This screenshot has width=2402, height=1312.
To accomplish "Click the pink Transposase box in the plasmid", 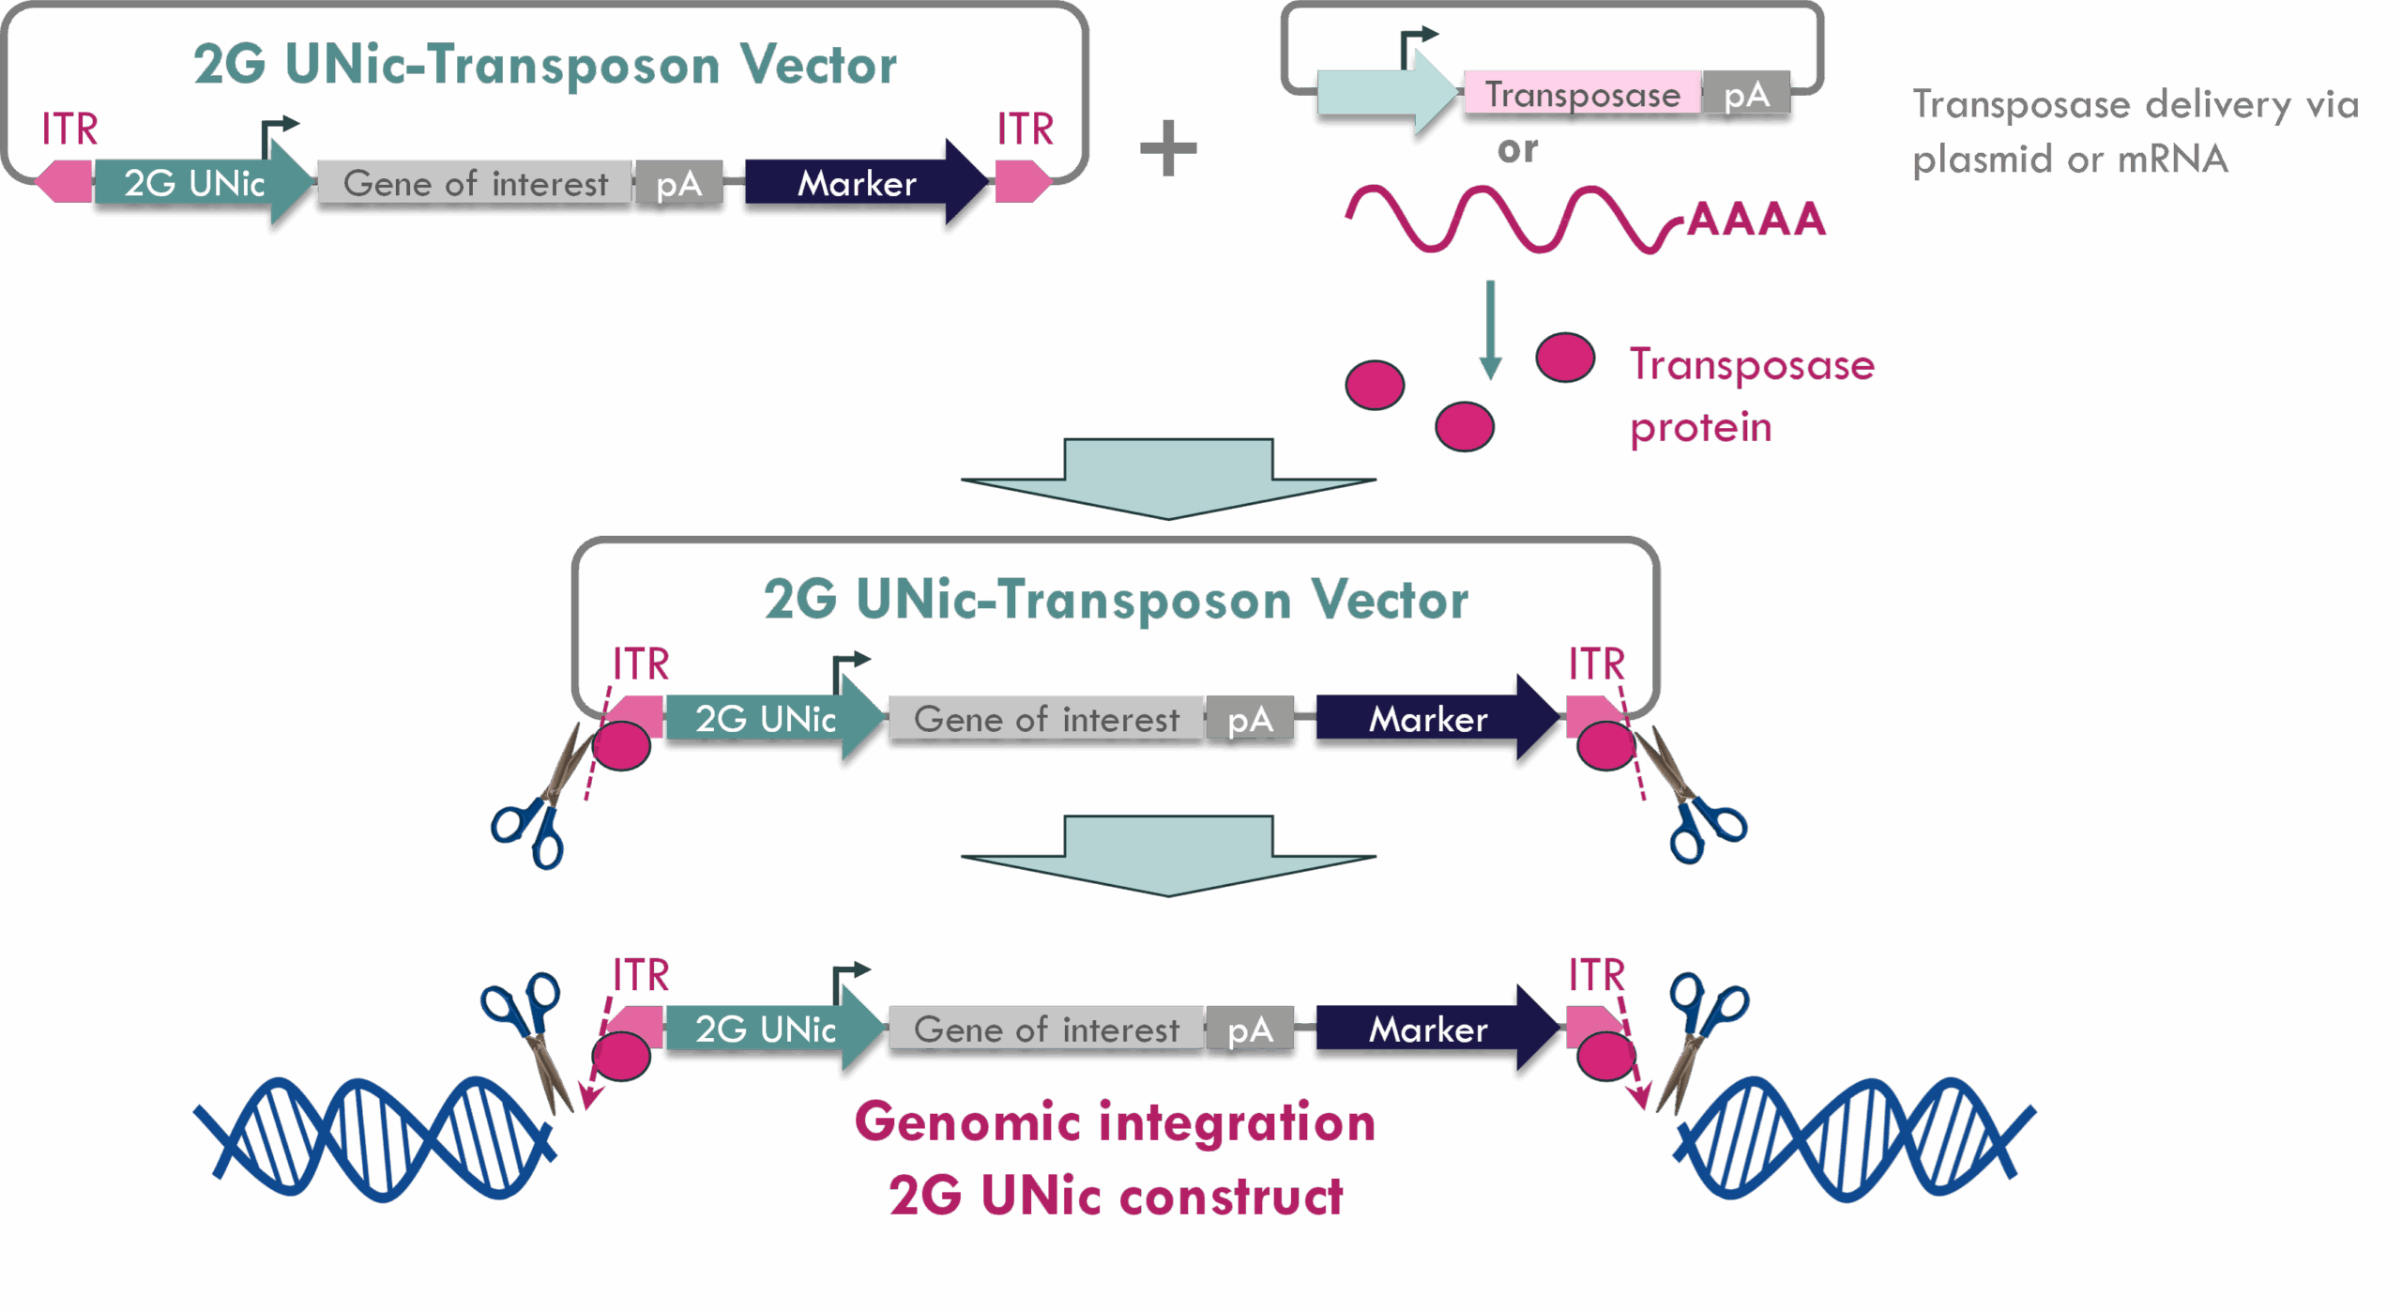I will coord(1582,95).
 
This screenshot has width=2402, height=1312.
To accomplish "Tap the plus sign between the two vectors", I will coord(1168,148).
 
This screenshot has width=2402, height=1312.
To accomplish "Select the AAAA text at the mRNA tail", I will coord(1756,220).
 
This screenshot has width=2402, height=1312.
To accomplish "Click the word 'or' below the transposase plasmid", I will coord(1517,150).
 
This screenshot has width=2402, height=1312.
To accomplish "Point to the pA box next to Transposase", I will coord(1745,95).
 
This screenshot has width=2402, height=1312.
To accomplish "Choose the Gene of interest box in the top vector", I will coord(475,183).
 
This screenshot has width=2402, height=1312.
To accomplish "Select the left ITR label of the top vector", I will coord(69,130).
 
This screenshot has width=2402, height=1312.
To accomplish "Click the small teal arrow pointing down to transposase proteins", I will coord(1490,328).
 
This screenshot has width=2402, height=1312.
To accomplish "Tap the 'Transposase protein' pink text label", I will coord(1750,395).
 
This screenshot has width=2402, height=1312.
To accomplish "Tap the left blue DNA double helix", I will coord(375,1138).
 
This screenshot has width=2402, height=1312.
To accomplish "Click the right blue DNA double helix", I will coord(1853,1138).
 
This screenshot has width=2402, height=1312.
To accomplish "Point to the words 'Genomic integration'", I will coord(1114,1123).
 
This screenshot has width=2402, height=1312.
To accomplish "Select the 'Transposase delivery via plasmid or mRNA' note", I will coord(2135,131).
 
